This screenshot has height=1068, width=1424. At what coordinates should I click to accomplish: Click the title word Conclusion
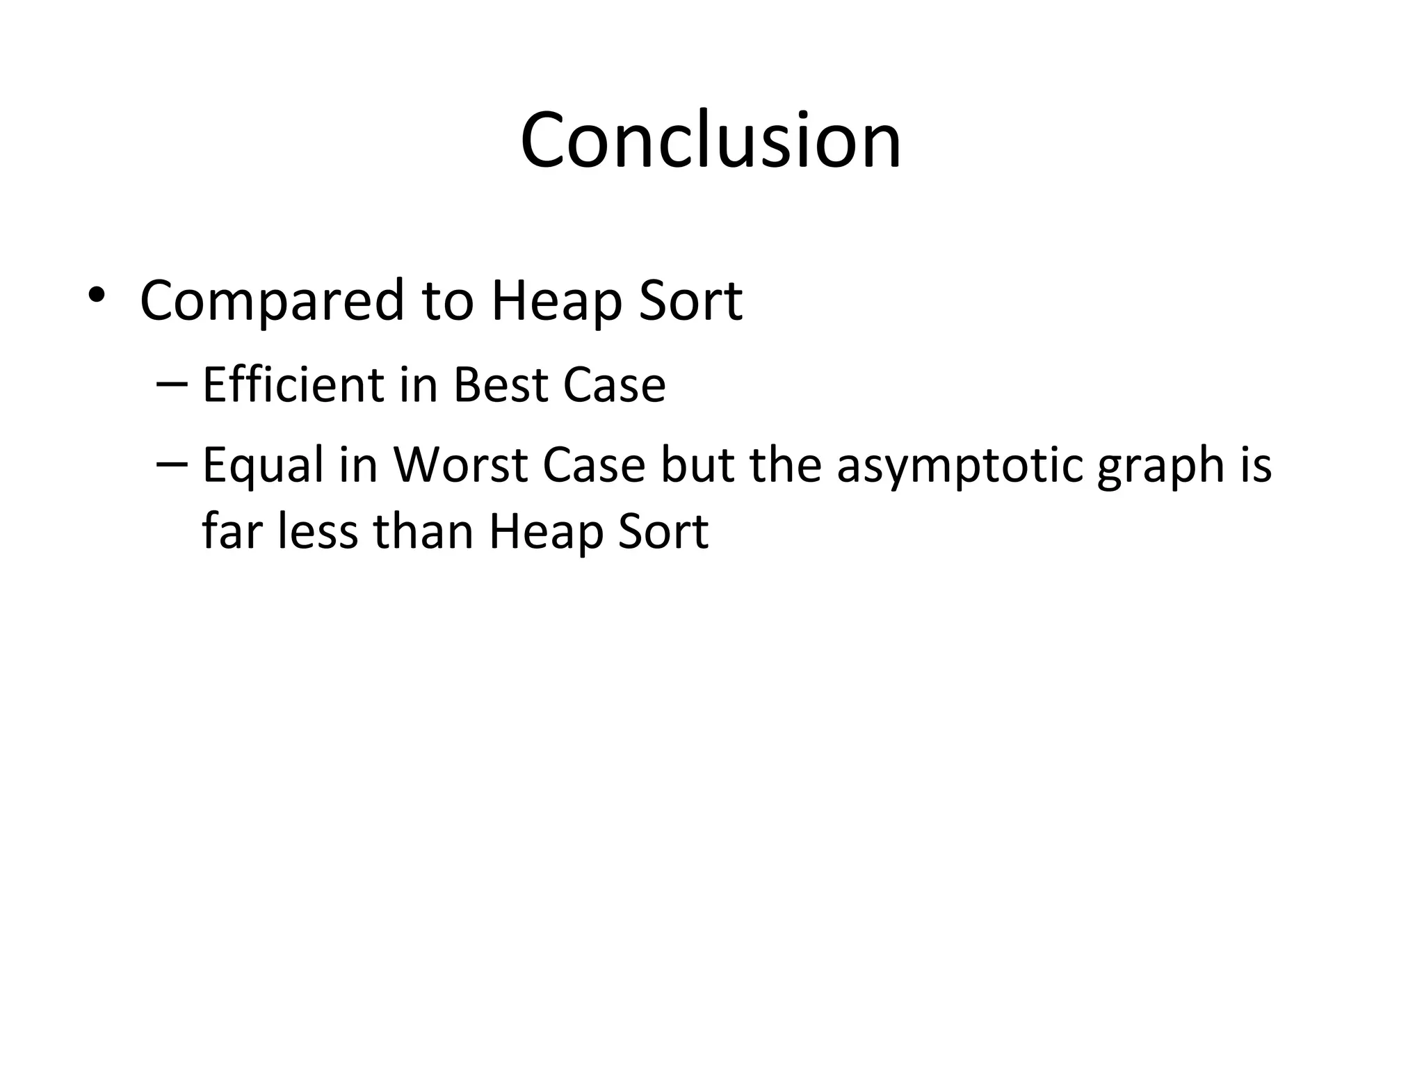711,141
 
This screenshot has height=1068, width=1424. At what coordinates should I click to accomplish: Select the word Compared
272,302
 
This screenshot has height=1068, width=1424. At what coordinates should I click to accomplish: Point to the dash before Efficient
172,383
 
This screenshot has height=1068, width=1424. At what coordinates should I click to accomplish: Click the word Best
501,385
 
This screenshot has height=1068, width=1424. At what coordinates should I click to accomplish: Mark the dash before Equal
172,463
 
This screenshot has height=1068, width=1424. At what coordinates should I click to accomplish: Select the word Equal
264,466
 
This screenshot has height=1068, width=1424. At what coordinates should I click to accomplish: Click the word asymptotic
960,466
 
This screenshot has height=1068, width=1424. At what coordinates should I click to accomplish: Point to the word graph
1160,466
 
